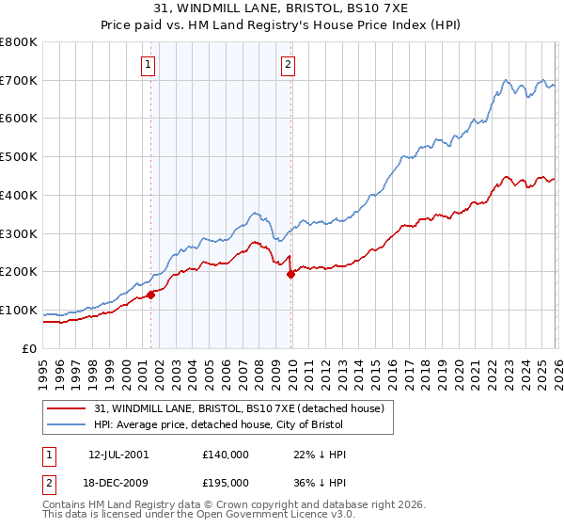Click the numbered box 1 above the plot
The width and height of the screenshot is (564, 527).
tap(149, 65)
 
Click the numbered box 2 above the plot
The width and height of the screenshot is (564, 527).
tap(288, 65)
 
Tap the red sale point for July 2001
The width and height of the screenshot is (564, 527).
tap(150, 295)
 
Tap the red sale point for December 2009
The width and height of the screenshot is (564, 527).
tap(290, 274)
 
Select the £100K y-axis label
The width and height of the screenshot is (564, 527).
tap(19, 311)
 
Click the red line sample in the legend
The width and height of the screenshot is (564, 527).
tap(67, 409)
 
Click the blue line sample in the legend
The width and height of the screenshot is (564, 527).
tap(67, 425)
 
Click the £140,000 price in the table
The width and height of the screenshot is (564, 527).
tap(226, 455)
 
